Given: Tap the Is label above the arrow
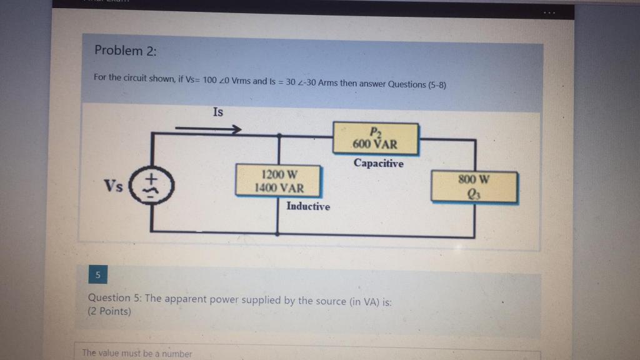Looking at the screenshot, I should click(x=217, y=112).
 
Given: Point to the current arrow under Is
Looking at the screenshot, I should click(x=208, y=130).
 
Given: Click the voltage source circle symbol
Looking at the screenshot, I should click(x=151, y=185).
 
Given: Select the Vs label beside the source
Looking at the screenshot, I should click(x=114, y=186).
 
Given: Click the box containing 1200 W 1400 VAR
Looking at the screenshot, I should click(x=278, y=181).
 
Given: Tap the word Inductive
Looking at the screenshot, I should click(x=308, y=206).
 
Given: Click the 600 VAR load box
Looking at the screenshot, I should click(x=375, y=139).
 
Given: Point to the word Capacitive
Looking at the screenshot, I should click(x=378, y=163).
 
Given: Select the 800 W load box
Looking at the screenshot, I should click(x=475, y=187).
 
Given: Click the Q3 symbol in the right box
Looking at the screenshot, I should click(x=476, y=194).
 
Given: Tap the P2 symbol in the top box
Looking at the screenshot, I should click(x=375, y=132).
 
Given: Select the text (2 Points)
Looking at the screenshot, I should click(x=110, y=311).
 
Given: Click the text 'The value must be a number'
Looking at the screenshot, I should click(x=137, y=354).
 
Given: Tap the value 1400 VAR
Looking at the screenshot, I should click(x=279, y=187).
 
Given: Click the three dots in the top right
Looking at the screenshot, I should click(x=547, y=12).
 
